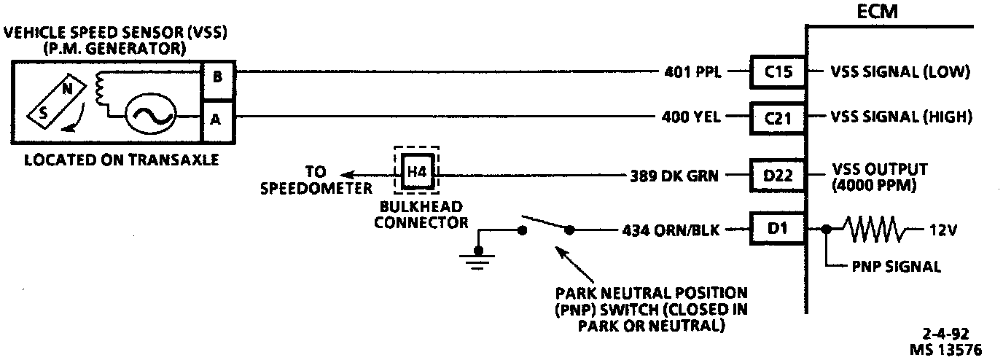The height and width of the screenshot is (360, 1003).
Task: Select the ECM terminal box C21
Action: [778, 117]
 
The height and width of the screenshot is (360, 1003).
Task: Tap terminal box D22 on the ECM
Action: [778, 175]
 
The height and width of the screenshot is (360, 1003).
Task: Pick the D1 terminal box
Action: [778, 230]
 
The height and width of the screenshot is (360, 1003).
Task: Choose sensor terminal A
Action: [216, 119]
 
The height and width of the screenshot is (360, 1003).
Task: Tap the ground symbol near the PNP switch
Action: [478, 258]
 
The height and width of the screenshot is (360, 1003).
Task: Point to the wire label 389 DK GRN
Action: [674, 176]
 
